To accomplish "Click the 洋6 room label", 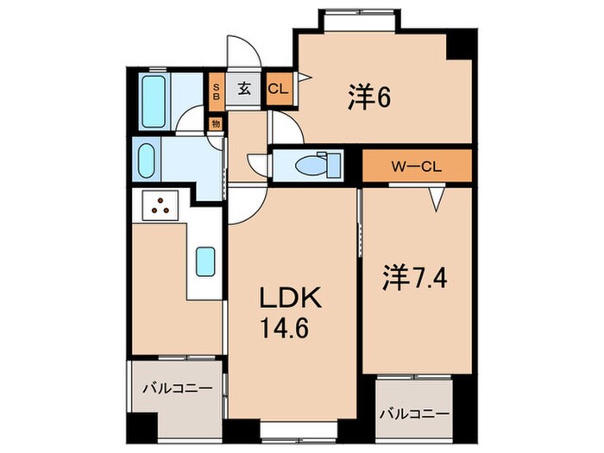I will point(370,98).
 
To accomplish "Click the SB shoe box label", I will point(217,91).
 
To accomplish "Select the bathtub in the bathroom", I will point(154,101).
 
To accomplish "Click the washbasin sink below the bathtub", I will point(146,160).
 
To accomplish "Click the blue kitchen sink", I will point(205,261).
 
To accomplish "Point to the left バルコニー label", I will point(177,389).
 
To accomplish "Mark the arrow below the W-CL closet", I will point(436,200).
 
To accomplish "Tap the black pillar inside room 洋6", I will point(458,45).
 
